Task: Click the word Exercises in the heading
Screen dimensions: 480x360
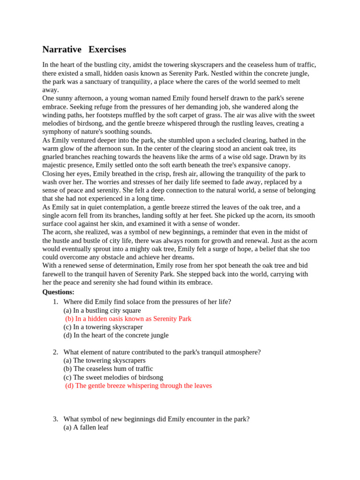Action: (x=107, y=50)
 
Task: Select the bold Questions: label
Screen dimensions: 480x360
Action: (x=58, y=292)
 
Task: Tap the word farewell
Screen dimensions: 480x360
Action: (x=54, y=274)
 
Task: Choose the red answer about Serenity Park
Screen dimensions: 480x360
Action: (x=128, y=319)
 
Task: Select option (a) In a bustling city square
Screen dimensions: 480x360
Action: (x=102, y=310)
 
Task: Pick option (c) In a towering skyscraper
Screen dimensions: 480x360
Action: (x=103, y=327)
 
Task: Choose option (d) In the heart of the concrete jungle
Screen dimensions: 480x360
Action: (x=116, y=336)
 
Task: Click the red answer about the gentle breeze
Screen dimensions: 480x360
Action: (x=138, y=386)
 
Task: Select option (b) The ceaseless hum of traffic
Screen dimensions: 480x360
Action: (x=108, y=369)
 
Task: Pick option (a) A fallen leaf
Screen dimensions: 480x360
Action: (x=86, y=427)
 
